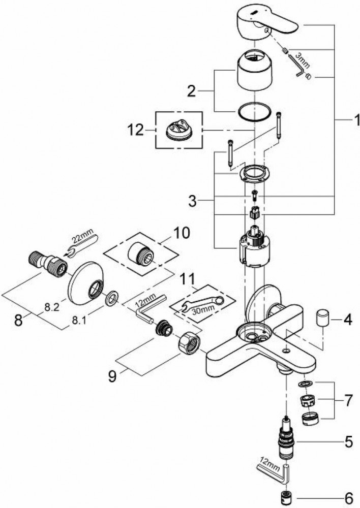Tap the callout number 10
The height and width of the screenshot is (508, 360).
(x=182, y=234)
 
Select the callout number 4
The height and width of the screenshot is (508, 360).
(x=347, y=321)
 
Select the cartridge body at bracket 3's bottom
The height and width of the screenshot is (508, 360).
(x=252, y=248)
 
